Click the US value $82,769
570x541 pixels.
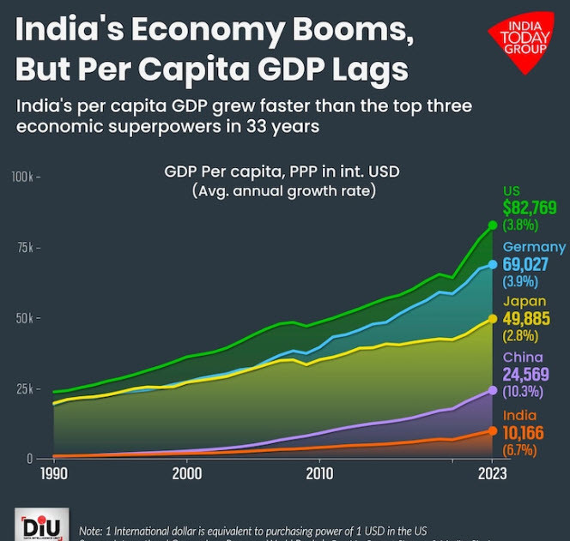tap(530, 207)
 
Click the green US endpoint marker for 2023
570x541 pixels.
tap(493, 225)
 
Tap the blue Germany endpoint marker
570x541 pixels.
tap(493, 264)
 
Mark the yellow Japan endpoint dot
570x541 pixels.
tap(493, 318)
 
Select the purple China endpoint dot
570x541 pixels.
tap(493, 390)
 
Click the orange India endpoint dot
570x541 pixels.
tap(493, 430)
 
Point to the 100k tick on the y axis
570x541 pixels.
tap(22, 177)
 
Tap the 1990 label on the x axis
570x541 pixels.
tap(53, 473)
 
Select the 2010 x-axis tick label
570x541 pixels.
tap(319, 473)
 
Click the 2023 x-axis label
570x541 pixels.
tap(493, 473)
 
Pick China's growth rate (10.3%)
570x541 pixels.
tap(521, 392)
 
